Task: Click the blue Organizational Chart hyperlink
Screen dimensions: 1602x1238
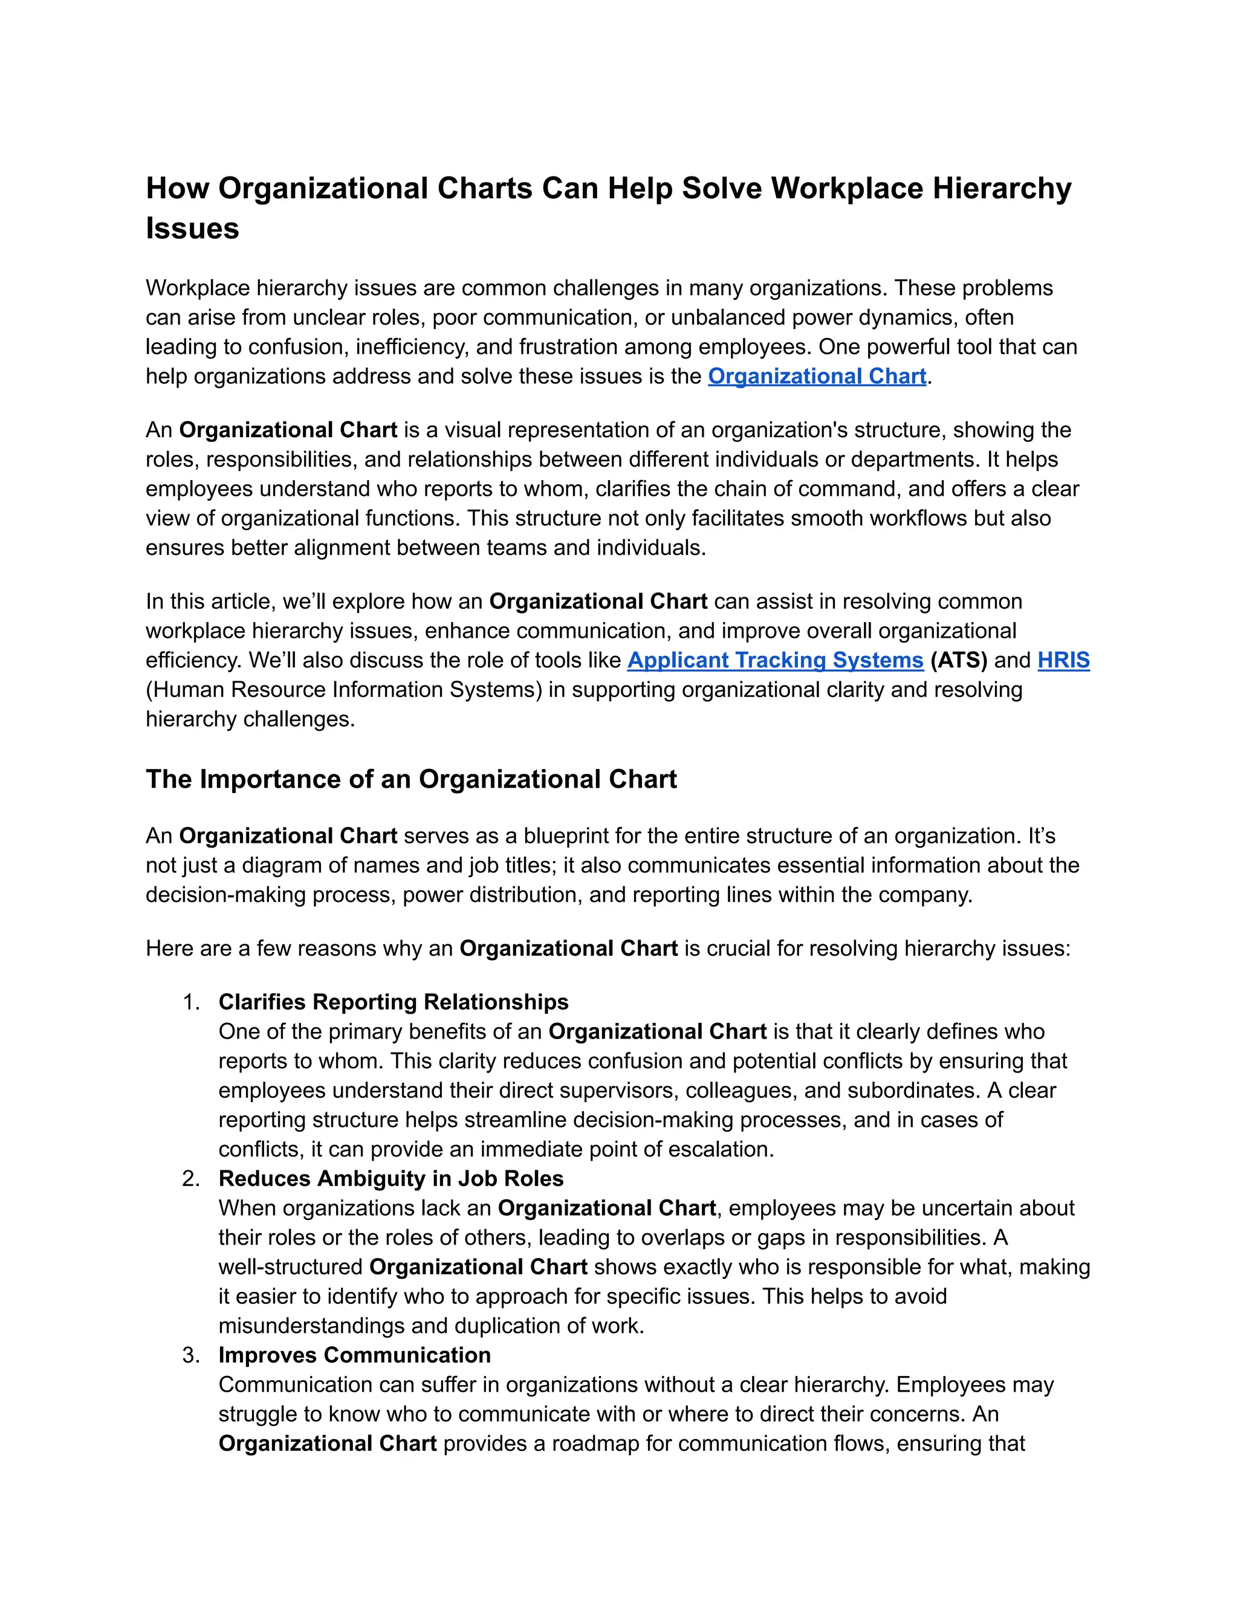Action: (817, 376)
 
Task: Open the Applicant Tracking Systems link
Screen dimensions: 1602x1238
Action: (775, 660)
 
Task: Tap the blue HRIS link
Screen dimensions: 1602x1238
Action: (1063, 660)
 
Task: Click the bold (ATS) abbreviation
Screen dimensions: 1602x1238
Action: (959, 660)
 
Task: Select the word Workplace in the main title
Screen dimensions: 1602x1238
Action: (846, 189)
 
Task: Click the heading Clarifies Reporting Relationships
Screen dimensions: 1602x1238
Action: (393, 1002)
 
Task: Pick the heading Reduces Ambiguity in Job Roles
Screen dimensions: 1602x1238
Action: (391, 1179)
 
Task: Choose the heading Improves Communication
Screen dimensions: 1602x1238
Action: (355, 1355)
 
